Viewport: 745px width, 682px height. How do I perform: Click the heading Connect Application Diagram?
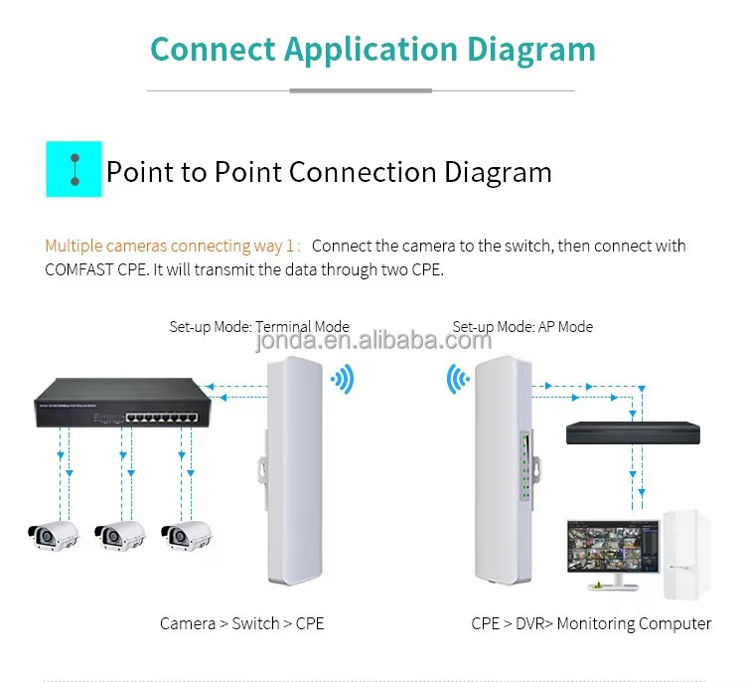coord(372,49)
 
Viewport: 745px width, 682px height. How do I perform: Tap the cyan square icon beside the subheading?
coord(74,169)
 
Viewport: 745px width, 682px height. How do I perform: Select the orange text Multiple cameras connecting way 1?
coord(171,246)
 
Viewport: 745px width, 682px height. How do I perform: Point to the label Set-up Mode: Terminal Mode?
coord(258,326)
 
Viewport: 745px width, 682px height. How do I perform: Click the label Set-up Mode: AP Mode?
coord(522,326)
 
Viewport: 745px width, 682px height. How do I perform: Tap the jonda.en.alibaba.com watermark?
coord(373,342)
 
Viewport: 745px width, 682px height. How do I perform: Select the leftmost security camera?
coord(53,534)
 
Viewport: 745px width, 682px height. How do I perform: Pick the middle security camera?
coord(120,534)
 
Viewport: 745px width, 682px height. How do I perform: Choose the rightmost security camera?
coord(188,534)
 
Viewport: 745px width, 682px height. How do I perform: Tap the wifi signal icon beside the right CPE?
coord(458,379)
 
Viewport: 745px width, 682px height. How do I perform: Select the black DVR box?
coord(632,432)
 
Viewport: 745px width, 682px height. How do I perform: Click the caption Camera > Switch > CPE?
coord(242,624)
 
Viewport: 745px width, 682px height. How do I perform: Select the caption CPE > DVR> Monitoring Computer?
coord(591,624)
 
